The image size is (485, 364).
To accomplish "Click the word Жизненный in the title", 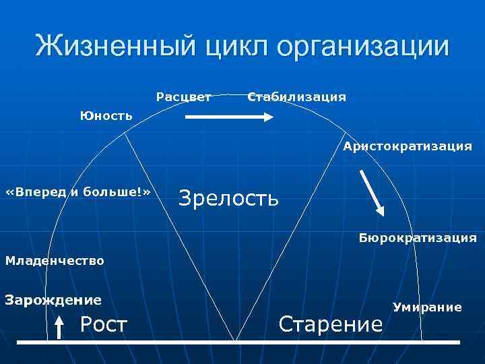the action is click(x=115, y=47).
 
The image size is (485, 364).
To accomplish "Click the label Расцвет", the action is click(x=183, y=97).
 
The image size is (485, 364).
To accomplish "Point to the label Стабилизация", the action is click(x=297, y=97).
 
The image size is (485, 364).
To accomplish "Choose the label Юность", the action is click(x=106, y=116).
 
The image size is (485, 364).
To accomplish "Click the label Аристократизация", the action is click(x=407, y=146).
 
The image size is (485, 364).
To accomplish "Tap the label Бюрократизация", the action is click(x=418, y=238).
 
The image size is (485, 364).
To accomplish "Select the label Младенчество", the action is click(x=55, y=260).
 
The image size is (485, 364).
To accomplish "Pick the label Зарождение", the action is click(x=53, y=299).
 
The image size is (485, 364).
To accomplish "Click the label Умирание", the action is click(x=428, y=307).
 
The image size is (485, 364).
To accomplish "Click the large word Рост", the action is click(x=103, y=325).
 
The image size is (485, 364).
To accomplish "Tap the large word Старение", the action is click(x=331, y=324).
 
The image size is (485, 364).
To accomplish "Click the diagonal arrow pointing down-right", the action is click(x=373, y=193).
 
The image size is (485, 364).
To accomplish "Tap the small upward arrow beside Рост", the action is click(x=59, y=329).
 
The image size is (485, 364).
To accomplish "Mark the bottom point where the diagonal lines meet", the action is click(x=235, y=340).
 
